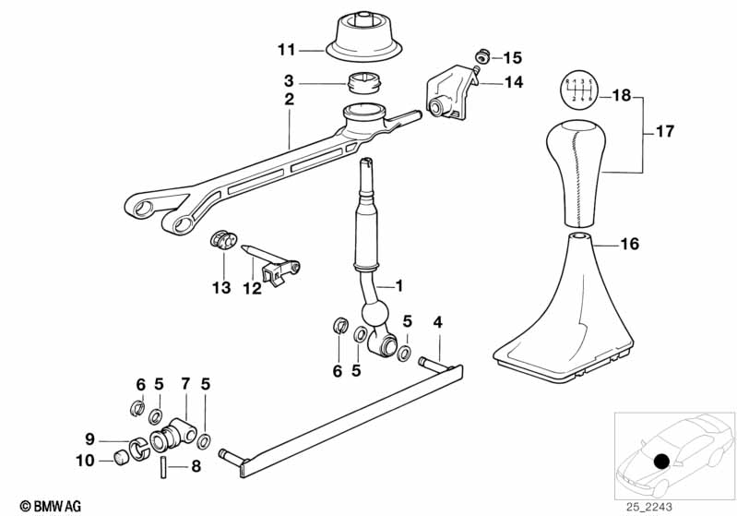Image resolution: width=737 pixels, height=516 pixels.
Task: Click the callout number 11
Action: [x=287, y=49]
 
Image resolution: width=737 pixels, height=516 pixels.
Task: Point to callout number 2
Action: [x=289, y=97]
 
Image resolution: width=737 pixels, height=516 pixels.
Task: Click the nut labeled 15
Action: [x=481, y=54]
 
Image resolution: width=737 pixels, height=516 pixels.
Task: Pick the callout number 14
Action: [x=513, y=81]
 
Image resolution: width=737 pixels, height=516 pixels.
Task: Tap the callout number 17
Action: [x=664, y=132]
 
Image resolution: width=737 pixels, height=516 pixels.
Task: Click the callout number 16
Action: [x=629, y=245]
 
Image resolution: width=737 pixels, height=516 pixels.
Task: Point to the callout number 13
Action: [x=222, y=289]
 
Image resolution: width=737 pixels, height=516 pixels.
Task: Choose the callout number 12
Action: [x=252, y=289]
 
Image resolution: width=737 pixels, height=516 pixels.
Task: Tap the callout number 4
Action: [x=437, y=322]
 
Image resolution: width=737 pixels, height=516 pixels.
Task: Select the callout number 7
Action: [x=184, y=383]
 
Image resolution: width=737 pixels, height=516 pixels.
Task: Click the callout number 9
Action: [x=90, y=438]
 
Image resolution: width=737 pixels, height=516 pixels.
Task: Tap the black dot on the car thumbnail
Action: [x=660, y=462]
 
